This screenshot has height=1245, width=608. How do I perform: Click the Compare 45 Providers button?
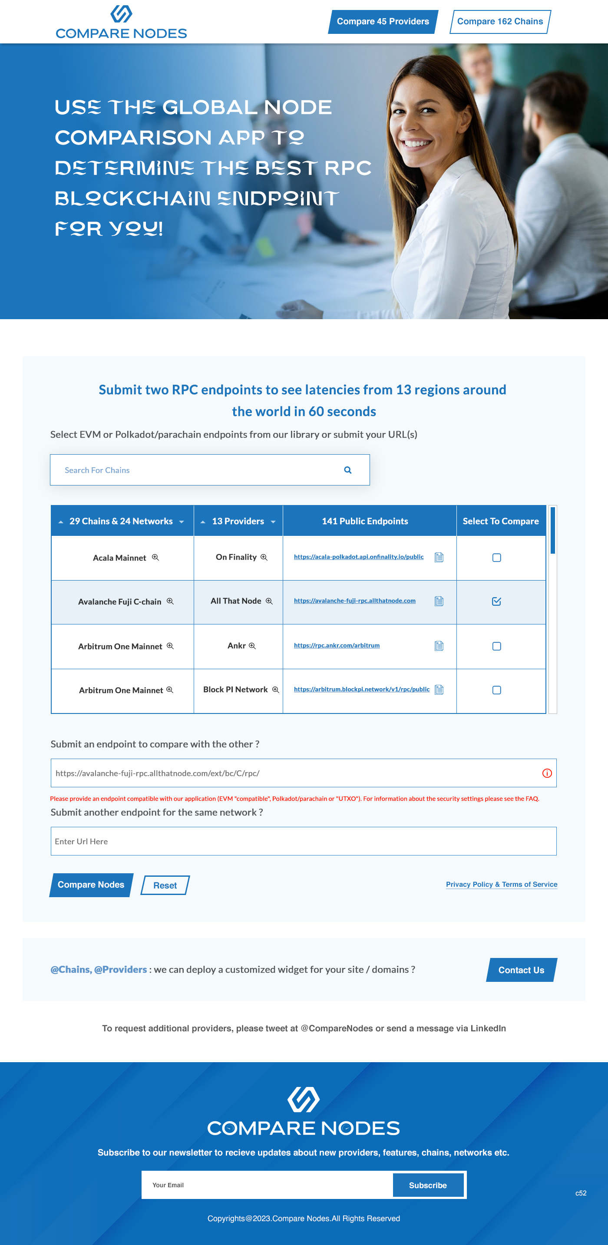point(383,22)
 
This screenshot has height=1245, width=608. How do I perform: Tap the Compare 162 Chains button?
point(500,22)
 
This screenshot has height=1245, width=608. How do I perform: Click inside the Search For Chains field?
point(193,470)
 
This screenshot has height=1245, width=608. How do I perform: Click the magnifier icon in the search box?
point(347,470)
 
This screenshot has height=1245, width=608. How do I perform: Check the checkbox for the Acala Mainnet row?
point(496,558)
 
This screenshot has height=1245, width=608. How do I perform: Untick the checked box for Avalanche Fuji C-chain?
point(496,601)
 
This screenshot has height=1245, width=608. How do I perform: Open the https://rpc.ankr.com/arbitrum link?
point(337,645)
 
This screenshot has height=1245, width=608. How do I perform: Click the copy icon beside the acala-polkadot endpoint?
point(439,557)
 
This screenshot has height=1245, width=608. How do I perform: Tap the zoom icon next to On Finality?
point(264,557)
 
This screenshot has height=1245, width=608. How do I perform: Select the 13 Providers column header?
point(238,521)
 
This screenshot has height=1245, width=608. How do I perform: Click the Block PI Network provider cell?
point(235,690)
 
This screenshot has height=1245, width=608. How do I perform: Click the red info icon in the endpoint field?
point(547,773)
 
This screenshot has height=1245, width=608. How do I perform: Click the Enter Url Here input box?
point(303,842)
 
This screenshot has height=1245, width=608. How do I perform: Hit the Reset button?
point(165,885)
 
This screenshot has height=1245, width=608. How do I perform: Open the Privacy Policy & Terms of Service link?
point(501,885)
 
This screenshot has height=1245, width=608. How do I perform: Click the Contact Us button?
point(521,970)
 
